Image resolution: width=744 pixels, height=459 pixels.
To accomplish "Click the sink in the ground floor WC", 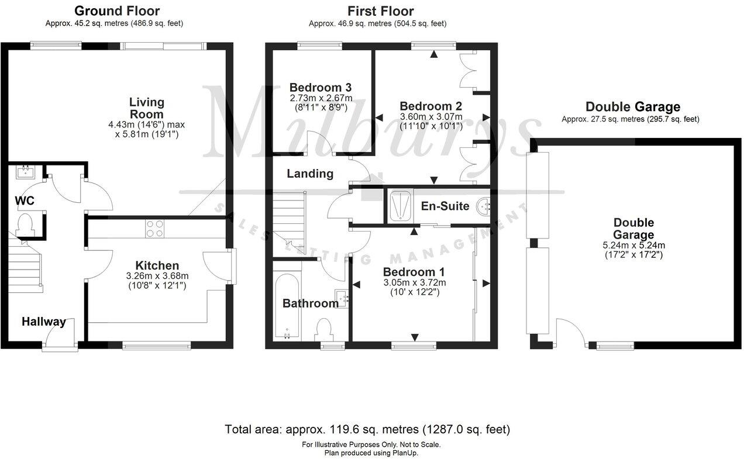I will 25,171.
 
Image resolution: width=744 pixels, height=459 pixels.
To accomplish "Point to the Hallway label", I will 44,322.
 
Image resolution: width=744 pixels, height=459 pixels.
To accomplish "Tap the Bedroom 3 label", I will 320,88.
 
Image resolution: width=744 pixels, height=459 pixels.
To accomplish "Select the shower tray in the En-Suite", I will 401,206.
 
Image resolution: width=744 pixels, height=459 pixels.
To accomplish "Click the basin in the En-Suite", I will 483,206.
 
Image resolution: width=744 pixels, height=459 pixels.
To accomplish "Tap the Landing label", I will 310,174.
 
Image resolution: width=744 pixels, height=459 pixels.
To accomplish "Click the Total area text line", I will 367,429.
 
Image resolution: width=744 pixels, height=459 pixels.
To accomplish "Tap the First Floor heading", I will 380,11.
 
